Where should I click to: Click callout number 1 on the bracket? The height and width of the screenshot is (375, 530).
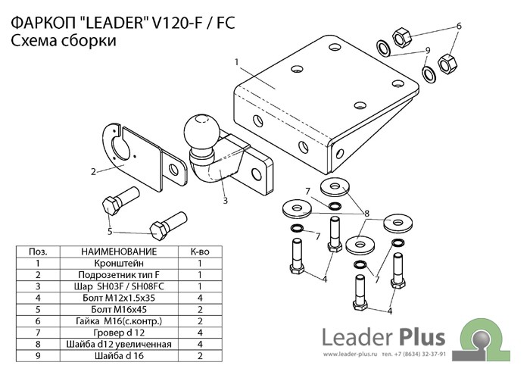point(236,62)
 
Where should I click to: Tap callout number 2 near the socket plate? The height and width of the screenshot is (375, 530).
point(94,171)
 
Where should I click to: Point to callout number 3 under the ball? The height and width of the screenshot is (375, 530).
point(225,201)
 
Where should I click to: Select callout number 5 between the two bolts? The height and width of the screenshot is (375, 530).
point(110,231)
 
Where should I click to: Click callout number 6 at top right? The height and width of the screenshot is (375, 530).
point(459,26)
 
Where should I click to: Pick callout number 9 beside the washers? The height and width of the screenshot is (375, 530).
point(428,51)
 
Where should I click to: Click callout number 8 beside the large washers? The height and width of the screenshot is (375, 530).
point(366,214)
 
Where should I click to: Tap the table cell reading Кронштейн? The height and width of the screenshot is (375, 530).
point(119,263)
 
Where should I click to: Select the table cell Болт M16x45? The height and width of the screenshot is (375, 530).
point(119,309)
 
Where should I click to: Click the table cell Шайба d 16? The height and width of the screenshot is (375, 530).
point(119,356)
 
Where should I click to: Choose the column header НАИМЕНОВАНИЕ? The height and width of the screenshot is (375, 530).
point(119,252)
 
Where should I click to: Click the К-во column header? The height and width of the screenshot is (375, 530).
point(200,252)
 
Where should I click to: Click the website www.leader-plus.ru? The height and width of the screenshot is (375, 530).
point(350,355)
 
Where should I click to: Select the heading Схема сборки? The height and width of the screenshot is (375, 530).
point(64,41)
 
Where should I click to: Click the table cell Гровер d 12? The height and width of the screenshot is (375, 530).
point(119,333)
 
